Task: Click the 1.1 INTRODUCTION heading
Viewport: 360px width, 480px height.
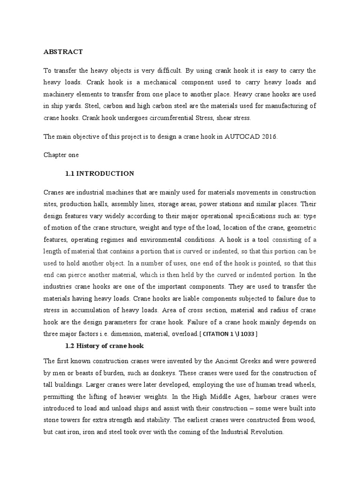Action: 100,173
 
